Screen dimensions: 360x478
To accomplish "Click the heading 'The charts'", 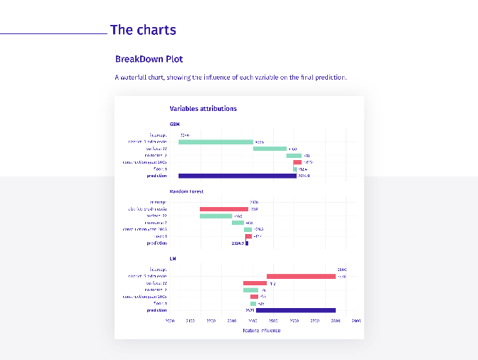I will (x=143, y=30).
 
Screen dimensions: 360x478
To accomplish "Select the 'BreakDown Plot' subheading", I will (x=149, y=59).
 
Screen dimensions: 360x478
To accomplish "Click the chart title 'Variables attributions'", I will (x=203, y=109).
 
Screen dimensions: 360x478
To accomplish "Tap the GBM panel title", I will (x=174, y=124).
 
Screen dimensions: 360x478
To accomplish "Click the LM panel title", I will (x=173, y=259).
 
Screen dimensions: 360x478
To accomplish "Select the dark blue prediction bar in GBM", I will (x=237, y=176).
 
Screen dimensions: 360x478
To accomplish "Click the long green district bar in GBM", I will (x=216, y=142).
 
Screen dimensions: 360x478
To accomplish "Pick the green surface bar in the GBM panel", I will (x=270, y=149).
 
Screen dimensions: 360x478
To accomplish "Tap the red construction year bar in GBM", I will (x=297, y=162).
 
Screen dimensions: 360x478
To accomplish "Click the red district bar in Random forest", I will (x=223, y=209).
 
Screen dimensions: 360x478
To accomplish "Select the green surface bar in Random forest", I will (x=216, y=216).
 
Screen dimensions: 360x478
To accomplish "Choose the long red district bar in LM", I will (x=301, y=276).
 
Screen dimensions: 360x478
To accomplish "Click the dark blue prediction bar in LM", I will (x=295, y=310).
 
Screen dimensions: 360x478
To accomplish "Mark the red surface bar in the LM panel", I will (x=255, y=283).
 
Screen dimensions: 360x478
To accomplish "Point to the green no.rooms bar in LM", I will (x=250, y=290).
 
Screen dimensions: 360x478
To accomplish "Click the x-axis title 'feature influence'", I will (x=261, y=330).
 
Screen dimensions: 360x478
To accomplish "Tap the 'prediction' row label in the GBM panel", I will (x=156, y=176).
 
